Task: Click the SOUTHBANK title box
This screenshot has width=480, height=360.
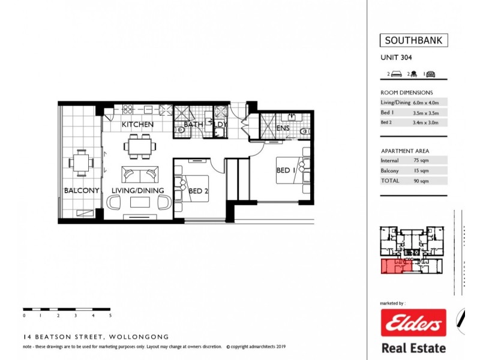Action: pyautogui.click(x=413, y=41)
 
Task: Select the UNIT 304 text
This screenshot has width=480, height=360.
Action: pyautogui.click(x=396, y=58)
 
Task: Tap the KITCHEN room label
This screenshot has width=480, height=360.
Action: pyautogui.click(x=137, y=125)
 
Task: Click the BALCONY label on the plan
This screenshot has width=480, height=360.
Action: pyautogui.click(x=81, y=191)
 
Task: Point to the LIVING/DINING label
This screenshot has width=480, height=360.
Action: pyautogui.click(x=137, y=191)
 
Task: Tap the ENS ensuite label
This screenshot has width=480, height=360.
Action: pyautogui.click(x=283, y=128)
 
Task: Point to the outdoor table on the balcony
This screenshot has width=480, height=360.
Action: pyautogui.click(x=81, y=162)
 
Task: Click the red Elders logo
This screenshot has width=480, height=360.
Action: pyautogui.click(x=413, y=324)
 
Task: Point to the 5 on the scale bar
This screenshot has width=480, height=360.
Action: pyautogui.click(x=110, y=315)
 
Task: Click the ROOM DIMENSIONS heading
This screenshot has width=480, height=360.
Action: pyautogui.click(x=406, y=92)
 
